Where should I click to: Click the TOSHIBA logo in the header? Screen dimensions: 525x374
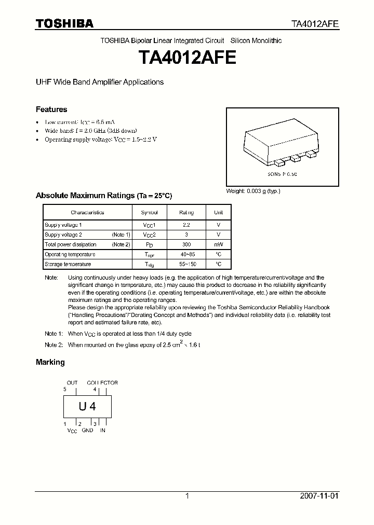64,23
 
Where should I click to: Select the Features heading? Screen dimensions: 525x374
51,109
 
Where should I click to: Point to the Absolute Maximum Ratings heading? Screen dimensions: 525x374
103,196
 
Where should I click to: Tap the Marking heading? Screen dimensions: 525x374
50,362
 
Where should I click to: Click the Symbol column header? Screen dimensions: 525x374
149,212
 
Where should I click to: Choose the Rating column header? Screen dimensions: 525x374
186,212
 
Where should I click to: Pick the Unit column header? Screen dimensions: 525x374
218,212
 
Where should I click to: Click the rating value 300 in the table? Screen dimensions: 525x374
186,244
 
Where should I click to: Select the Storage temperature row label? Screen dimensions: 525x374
68,264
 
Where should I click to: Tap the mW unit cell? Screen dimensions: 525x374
218,244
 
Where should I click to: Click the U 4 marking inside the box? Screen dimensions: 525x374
87,407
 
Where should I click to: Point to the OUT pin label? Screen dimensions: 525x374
72,383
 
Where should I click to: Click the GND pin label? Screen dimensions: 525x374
87,431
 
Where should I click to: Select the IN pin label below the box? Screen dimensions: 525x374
102,431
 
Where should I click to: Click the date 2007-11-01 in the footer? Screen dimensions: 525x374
319,496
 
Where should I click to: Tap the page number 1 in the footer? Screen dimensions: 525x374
187,496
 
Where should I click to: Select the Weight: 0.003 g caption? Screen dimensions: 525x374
253,191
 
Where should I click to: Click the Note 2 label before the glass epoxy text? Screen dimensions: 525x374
54,345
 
